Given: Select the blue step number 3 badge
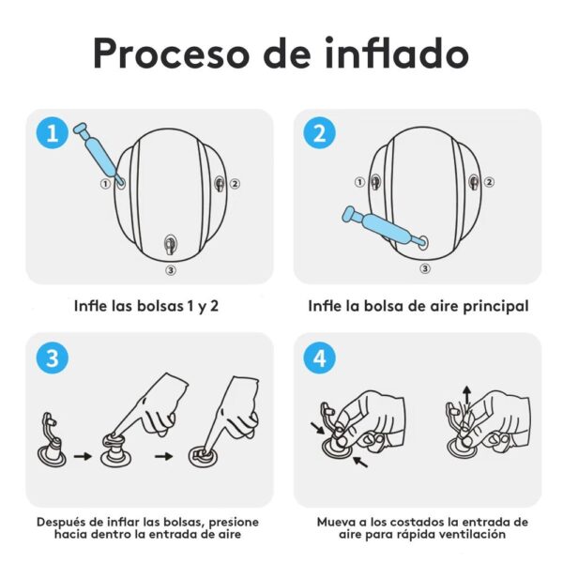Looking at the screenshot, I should pyautogui.click(x=52, y=357).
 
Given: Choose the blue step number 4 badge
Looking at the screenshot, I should pyautogui.click(x=319, y=357).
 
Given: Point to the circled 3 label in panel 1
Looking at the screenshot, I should pyautogui.click(x=170, y=269).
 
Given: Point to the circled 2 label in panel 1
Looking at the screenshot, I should pyautogui.click(x=236, y=184).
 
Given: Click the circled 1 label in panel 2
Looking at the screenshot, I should pyautogui.click(x=359, y=183).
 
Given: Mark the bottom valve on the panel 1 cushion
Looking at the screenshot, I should pyautogui.click(x=170, y=245).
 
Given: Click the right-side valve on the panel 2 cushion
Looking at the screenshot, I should pyautogui.click(x=474, y=182).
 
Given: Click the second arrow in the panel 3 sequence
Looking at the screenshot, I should pyautogui.click(x=171, y=457).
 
